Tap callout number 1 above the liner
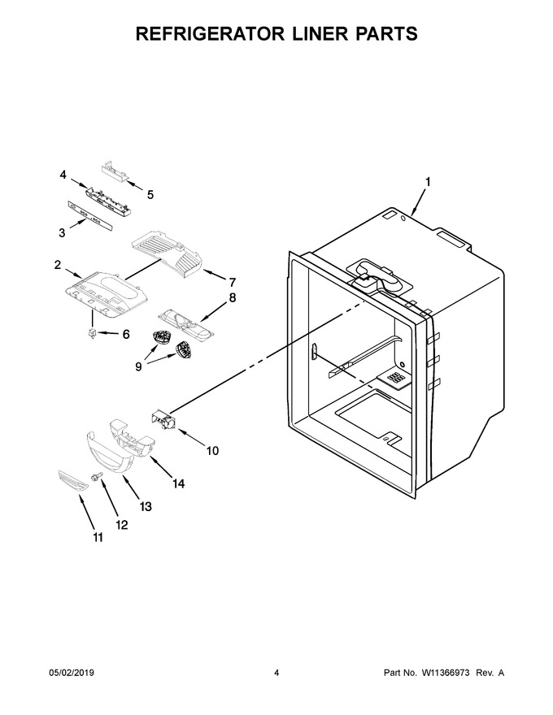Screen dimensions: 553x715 coord(428,181)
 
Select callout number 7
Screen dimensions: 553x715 coord(232,282)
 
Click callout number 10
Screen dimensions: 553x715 coord(212,450)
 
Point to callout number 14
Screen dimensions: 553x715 coord(178,483)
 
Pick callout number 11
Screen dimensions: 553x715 coord(98,538)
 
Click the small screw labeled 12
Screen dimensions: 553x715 coord(97,477)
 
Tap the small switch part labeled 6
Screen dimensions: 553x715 coord(93,333)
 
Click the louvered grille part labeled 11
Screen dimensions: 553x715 coord(72,481)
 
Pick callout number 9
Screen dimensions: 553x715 coord(138,366)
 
